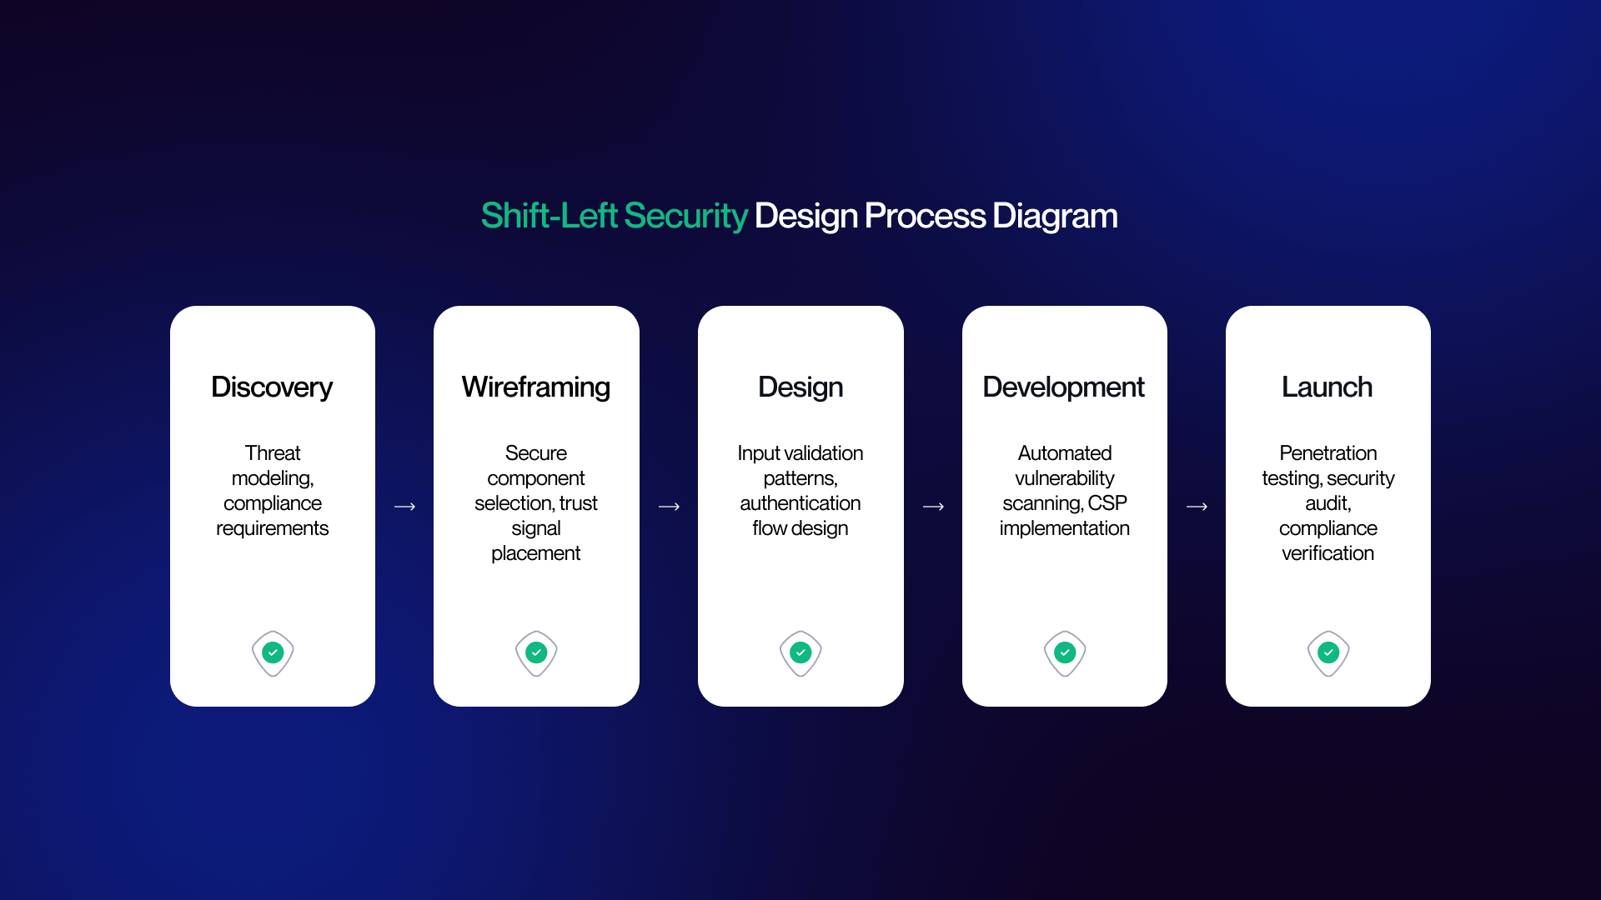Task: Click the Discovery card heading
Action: (272, 387)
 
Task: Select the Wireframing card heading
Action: (536, 387)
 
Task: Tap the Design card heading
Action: (800, 387)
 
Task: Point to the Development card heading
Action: (1064, 387)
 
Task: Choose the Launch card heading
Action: (1327, 387)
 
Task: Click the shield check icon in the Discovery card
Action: (273, 653)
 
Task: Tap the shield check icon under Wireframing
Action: (536, 653)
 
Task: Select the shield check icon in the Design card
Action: (800, 653)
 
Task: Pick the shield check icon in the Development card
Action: (1065, 653)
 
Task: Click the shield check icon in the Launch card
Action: (1328, 653)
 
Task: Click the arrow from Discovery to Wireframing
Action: (404, 507)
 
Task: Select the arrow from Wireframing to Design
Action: (669, 507)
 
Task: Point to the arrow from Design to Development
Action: (933, 507)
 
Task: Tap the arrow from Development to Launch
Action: (1197, 507)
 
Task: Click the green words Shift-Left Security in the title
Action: (614, 216)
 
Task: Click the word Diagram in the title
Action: (1055, 216)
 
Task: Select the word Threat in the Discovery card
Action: (273, 453)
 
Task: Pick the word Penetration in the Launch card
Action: (1328, 453)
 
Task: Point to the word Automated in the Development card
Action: (1065, 453)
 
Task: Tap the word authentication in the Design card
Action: (800, 503)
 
